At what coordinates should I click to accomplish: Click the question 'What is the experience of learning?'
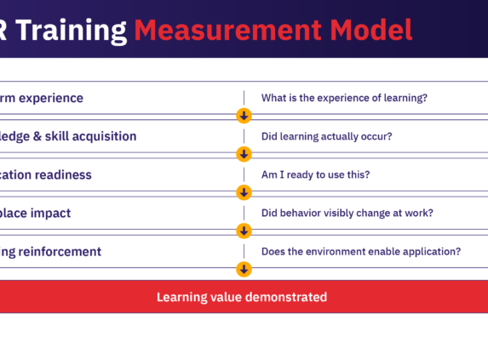(x=344, y=98)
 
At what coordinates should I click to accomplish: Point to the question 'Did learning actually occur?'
(x=326, y=136)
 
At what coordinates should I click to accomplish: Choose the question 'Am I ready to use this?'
(x=315, y=175)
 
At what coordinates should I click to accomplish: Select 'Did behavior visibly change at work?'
(x=347, y=214)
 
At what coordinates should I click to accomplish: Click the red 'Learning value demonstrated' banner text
(x=241, y=298)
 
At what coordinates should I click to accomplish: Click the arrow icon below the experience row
(x=244, y=116)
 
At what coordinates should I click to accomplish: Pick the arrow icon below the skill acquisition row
(x=244, y=154)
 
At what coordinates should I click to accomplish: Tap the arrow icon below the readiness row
(x=244, y=192)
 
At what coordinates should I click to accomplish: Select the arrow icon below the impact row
(x=244, y=231)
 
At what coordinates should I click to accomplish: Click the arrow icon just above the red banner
(x=244, y=269)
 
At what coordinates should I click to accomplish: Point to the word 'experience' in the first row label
(x=53, y=98)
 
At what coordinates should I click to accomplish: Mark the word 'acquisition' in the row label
(x=107, y=136)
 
